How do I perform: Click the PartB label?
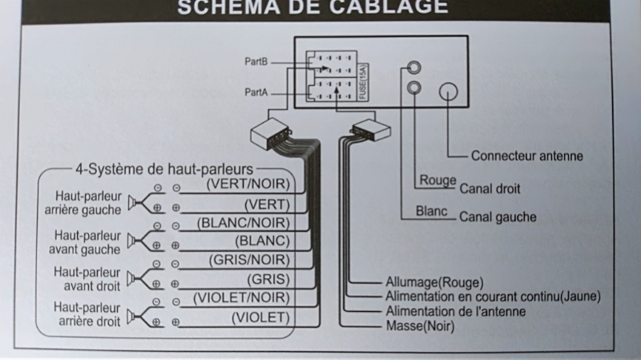(255, 61)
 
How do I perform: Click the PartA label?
(255, 92)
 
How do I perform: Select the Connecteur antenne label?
(526, 156)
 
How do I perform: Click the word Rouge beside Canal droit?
(437, 180)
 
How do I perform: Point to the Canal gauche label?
(498, 217)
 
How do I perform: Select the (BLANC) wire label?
(262, 241)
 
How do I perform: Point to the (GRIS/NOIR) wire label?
(248, 260)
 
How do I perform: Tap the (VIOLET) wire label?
(260, 318)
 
